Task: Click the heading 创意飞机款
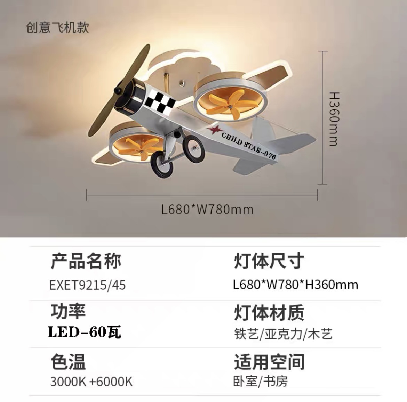point(57,27)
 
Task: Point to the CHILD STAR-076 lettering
point(248,145)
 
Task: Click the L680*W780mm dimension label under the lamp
point(207,210)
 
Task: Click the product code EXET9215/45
point(88,285)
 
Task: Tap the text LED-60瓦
point(84,332)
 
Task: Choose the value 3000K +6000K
point(91,382)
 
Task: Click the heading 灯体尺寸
point(269,261)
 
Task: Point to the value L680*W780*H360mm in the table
point(295,285)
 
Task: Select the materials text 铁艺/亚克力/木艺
point(283,334)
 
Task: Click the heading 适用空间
point(269,362)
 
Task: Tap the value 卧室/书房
point(260,382)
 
